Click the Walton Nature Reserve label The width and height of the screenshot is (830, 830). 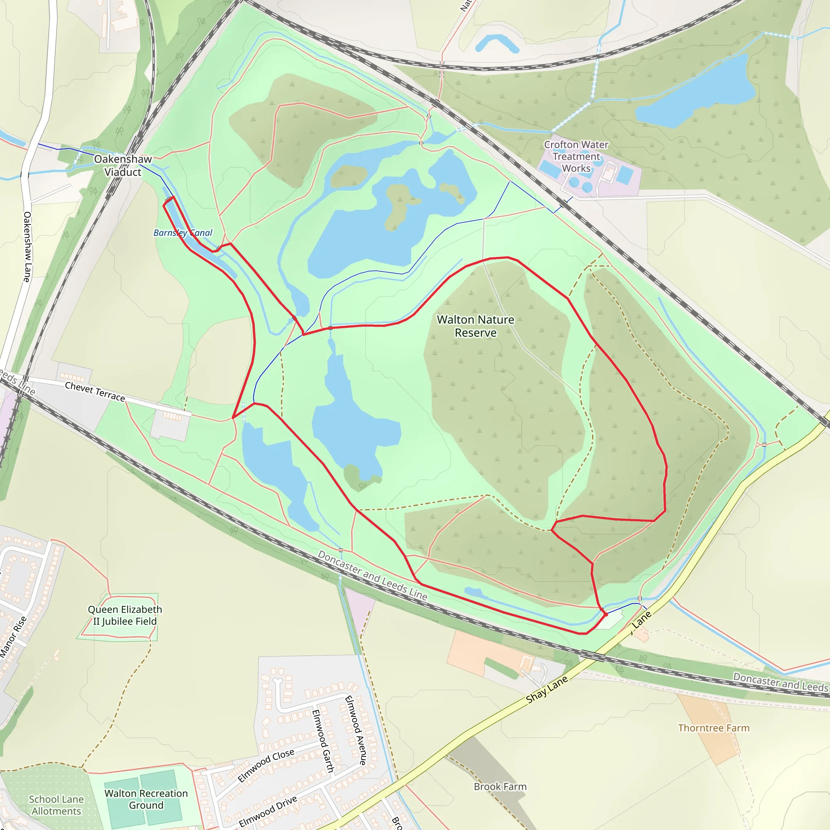click(x=475, y=326)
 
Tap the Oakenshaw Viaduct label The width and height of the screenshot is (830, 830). click(x=123, y=165)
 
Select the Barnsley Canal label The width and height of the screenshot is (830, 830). click(x=183, y=233)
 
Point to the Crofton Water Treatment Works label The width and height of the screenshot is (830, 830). click(x=576, y=156)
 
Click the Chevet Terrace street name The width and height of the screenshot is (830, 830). click(x=95, y=392)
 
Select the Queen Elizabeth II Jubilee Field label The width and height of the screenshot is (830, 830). click(x=125, y=615)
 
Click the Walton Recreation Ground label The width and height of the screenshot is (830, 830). click(x=146, y=799)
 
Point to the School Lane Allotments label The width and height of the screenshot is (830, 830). click(x=56, y=805)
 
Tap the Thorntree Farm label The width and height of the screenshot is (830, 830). click(x=714, y=728)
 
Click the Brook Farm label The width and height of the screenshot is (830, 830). click(x=500, y=787)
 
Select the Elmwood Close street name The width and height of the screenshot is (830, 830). click(x=266, y=765)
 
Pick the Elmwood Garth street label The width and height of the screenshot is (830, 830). click(x=323, y=741)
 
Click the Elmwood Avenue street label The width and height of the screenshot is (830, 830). click(x=356, y=730)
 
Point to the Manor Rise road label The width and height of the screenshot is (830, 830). click(x=13, y=637)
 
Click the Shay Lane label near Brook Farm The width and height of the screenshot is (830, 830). click(x=547, y=689)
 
